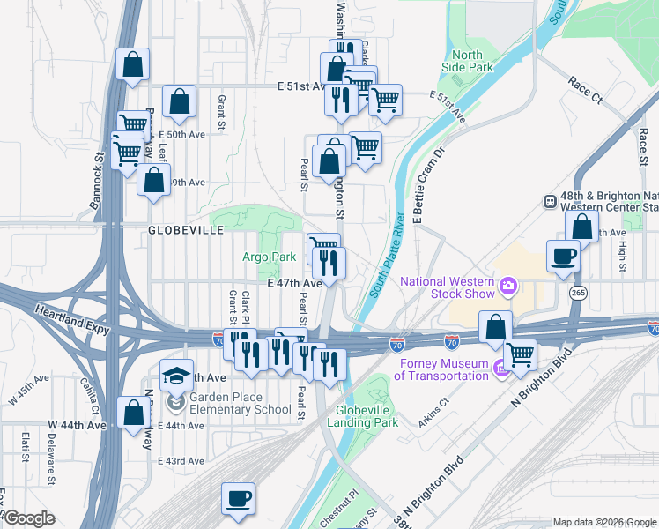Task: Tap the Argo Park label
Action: pos(270,257)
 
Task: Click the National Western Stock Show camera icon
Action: pos(508,287)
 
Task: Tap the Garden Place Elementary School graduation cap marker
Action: pos(176,375)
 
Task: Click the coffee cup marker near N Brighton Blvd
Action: pos(563,257)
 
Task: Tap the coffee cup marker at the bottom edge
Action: pos(237,499)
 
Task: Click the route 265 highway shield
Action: pos(578,292)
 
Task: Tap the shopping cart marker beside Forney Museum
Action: pos(520,355)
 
